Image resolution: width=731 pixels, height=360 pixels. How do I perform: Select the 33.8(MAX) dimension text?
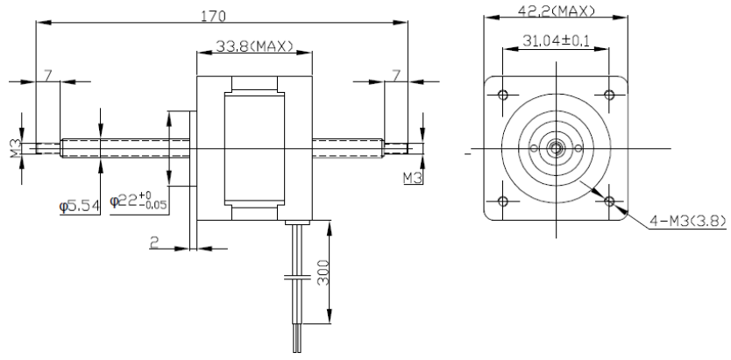click(x=253, y=46)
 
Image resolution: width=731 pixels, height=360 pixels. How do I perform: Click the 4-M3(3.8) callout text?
click(x=682, y=222)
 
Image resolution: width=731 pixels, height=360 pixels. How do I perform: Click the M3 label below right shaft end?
click(x=412, y=179)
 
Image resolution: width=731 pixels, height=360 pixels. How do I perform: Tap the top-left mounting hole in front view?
click(x=503, y=95)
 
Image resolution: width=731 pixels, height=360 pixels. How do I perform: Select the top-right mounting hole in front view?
click(x=608, y=95)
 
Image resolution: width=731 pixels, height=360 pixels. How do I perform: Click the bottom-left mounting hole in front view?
click(x=503, y=201)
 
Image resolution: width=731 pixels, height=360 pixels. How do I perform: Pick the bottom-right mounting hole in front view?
click(x=608, y=201)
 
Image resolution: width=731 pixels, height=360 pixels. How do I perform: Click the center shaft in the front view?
click(x=556, y=148)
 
